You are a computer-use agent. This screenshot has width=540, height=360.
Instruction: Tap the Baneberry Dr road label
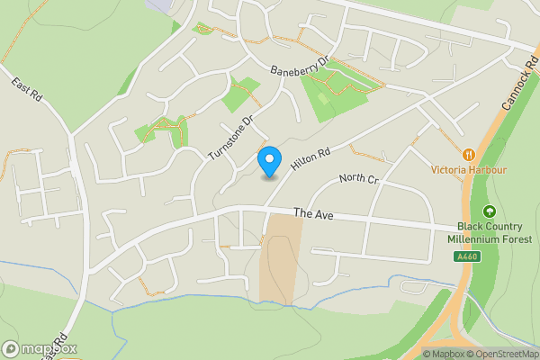click(x=301, y=66)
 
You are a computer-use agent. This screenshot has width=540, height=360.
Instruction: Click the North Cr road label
click(x=359, y=178)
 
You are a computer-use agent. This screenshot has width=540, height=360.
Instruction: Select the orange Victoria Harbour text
click(x=469, y=169)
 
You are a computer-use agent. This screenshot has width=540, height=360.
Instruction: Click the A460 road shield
click(x=464, y=256)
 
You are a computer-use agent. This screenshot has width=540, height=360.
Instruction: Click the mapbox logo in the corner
click(x=39, y=348)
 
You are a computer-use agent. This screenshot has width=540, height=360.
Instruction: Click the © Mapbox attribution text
click(x=442, y=354)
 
